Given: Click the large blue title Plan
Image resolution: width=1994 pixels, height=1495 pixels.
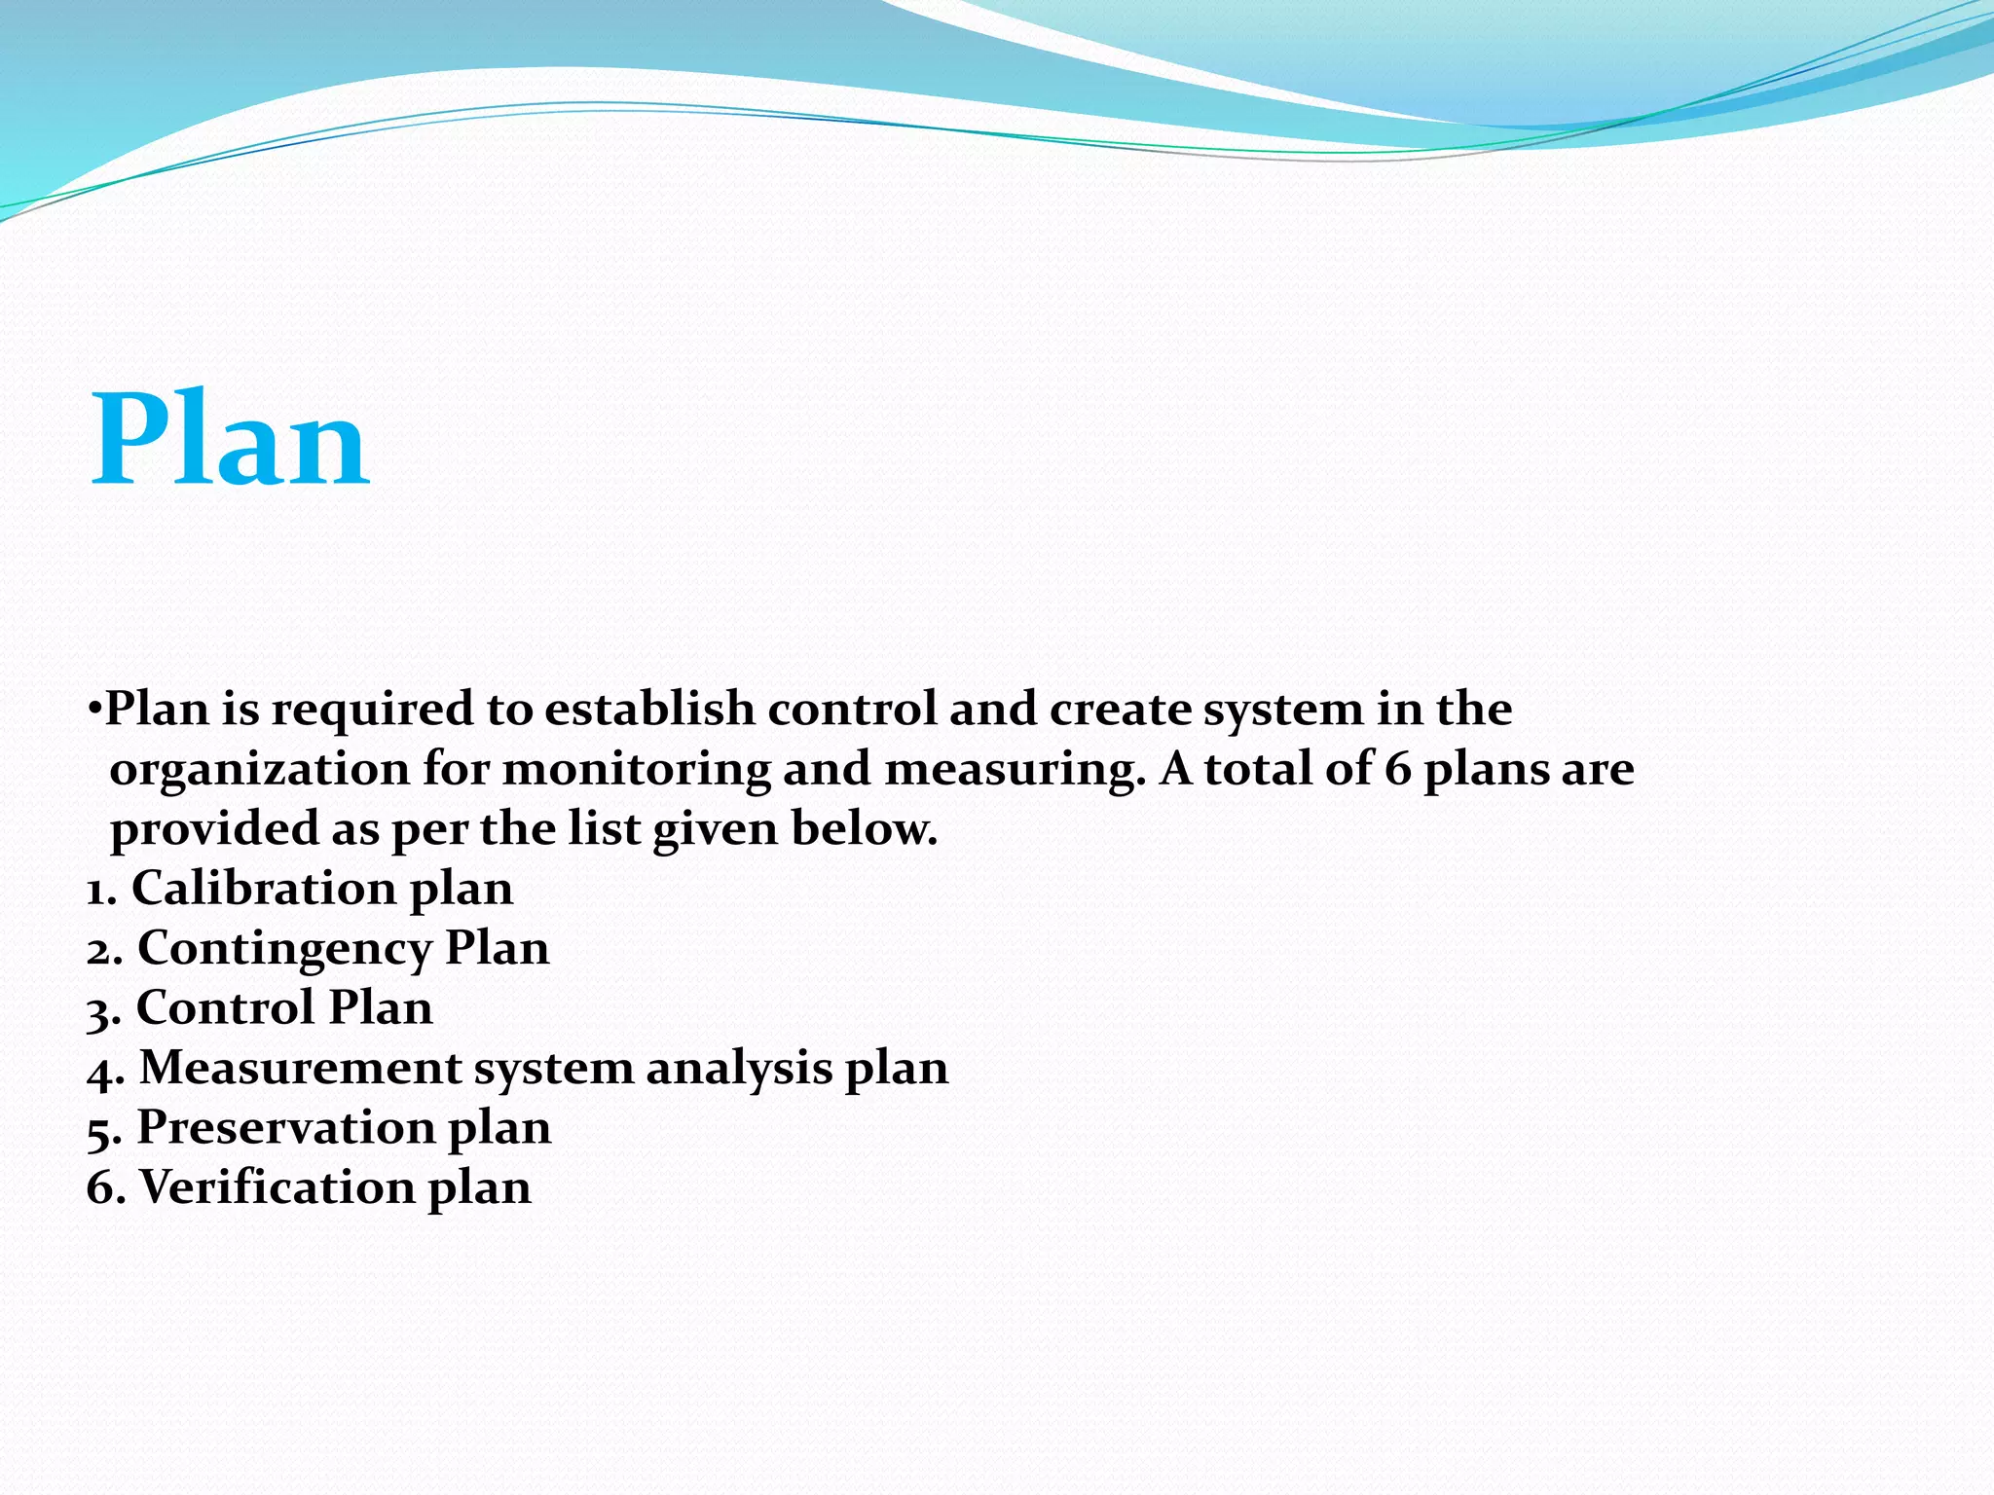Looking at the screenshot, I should click(x=230, y=440).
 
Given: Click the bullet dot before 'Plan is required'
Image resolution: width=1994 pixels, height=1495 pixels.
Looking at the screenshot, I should click(x=93, y=710).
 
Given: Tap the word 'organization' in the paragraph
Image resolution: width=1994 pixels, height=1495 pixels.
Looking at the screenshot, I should click(x=259, y=770).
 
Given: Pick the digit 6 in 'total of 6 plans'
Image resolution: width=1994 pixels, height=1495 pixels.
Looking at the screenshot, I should click(x=1397, y=769).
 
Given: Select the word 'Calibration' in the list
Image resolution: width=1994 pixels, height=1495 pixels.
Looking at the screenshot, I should click(x=264, y=889).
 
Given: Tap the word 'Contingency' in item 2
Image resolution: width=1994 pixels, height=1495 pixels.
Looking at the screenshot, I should click(x=284, y=949).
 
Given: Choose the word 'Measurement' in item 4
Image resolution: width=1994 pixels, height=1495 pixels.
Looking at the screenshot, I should click(x=300, y=1068).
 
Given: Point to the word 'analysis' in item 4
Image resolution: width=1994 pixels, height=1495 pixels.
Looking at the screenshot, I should click(x=739, y=1068).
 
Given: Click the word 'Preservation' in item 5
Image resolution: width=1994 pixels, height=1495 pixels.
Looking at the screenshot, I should click(x=285, y=1128).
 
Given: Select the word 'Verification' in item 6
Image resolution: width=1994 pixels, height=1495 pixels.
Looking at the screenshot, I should click(x=277, y=1187).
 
